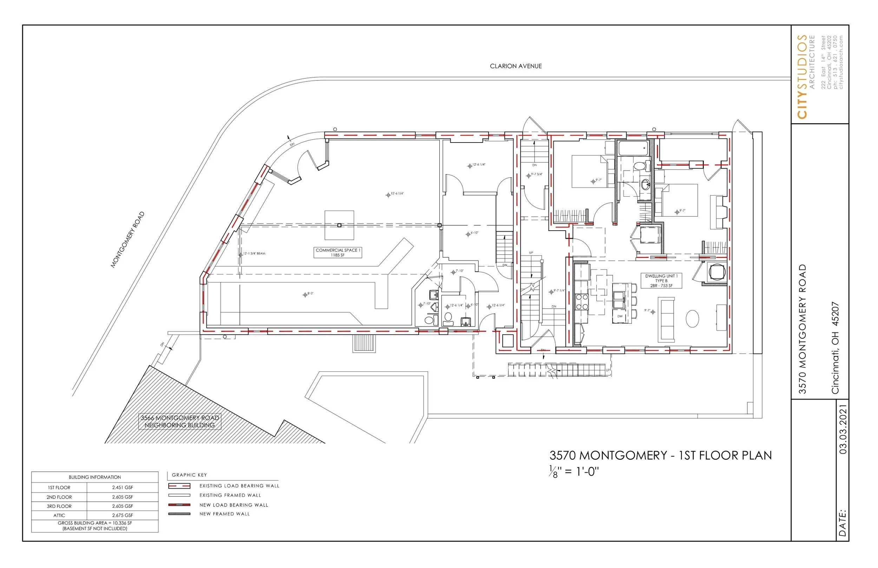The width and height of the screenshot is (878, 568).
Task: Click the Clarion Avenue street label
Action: tap(515, 66)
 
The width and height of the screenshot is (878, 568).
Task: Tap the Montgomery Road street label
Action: tap(127, 240)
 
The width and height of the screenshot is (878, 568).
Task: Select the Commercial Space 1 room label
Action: tap(338, 252)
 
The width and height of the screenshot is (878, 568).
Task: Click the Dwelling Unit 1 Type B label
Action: tap(661, 281)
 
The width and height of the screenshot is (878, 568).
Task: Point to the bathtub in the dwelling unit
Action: tap(634, 148)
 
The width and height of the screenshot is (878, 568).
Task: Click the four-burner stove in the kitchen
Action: tap(582, 301)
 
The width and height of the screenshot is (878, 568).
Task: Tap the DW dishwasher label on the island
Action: tap(620, 316)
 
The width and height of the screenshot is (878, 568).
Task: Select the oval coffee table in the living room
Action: tap(692, 318)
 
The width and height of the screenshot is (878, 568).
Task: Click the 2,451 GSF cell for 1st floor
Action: tap(123, 488)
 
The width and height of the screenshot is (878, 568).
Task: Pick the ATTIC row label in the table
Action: tap(59, 515)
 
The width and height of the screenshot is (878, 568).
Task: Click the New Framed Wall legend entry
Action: tap(224, 514)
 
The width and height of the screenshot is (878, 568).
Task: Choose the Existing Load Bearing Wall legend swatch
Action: tap(179, 486)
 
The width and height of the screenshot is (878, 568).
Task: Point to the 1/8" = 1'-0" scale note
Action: tap(574, 472)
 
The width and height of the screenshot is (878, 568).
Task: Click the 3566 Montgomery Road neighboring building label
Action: tap(180, 421)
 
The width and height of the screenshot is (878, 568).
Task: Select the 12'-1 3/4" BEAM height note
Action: tap(254, 254)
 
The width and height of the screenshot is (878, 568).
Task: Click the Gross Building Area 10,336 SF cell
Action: tap(95, 526)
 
